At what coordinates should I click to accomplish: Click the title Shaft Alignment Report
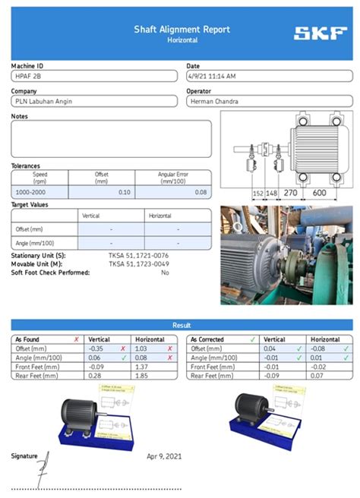[x=182, y=30]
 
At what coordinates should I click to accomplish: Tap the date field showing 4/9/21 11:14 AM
[x=212, y=76]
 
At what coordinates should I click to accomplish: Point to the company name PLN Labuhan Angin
[x=44, y=101]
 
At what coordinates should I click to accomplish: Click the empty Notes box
[x=111, y=138]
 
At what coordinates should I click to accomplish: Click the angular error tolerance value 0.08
[x=201, y=192]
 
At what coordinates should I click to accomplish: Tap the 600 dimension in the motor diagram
[x=319, y=194]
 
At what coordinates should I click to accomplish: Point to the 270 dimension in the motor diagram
[x=290, y=194]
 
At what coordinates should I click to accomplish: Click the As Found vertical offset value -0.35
[x=96, y=348]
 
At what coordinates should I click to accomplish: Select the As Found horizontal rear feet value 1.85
[x=141, y=375]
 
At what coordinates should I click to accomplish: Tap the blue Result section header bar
[x=182, y=324]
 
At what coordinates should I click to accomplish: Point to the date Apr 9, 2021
[x=164, y=456]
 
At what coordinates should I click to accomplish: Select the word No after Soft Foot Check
[x=165, y=272]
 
